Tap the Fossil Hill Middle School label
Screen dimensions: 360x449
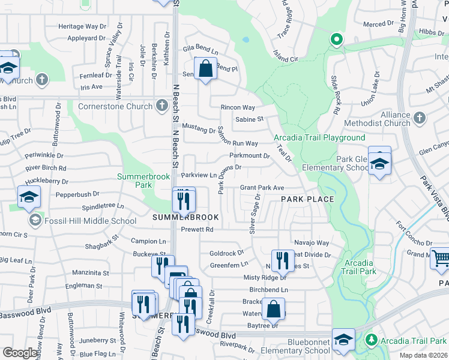(x=90, y=221)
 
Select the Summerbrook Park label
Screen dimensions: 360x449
(x=143, y=181)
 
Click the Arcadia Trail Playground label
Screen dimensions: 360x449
(x=319, y=137)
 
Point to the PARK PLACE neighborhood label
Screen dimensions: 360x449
(x=307, y=199)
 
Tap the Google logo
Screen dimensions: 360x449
(x=20, y=353)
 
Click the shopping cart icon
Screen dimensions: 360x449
(x=441, y=259)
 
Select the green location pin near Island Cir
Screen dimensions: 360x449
(x=336, y=40)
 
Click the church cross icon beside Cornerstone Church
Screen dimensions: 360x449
(x=161, y=106)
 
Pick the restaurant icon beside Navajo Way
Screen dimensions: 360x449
(x=279, y=260)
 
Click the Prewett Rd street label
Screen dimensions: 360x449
(x=197, y=229)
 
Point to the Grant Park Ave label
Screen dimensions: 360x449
(x=262, y=188)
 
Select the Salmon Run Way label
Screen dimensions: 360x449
(x=238, y=143)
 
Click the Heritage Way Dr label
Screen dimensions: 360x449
(x=82, y=26)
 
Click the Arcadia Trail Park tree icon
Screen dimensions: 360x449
(x=372, y=340)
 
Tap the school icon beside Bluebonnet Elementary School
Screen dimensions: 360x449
(x=343, y=340)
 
